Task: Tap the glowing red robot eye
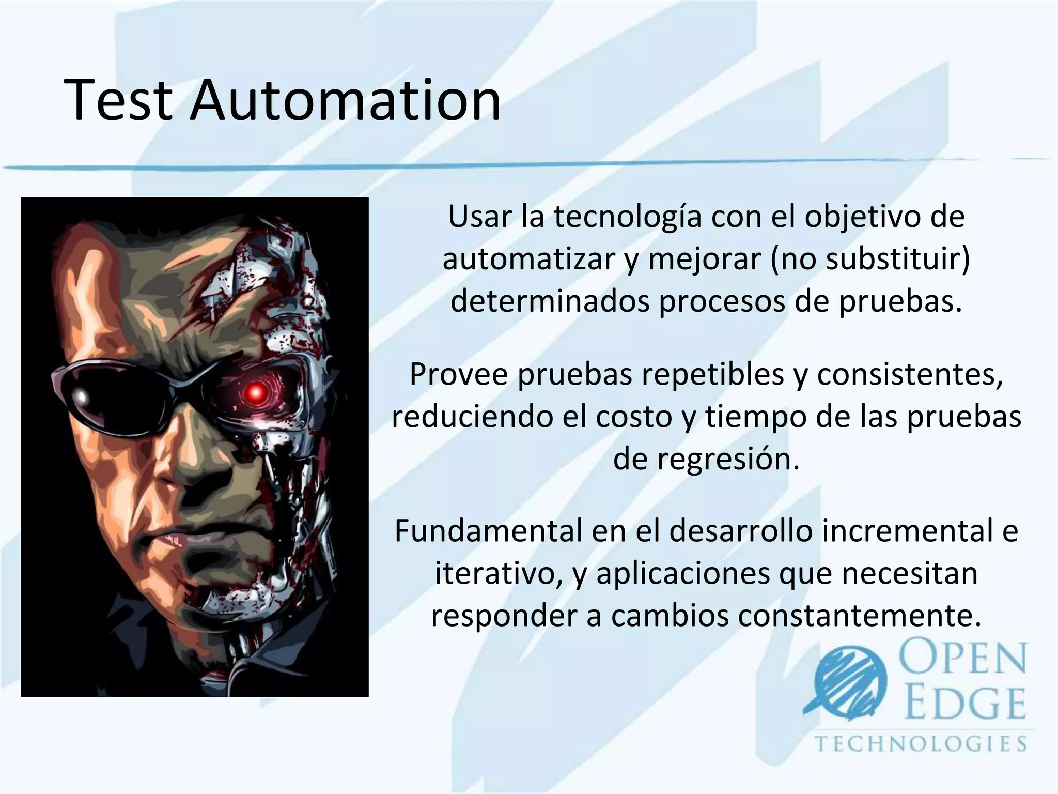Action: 255,394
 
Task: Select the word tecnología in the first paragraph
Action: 628,217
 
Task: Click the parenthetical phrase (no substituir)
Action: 870,259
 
